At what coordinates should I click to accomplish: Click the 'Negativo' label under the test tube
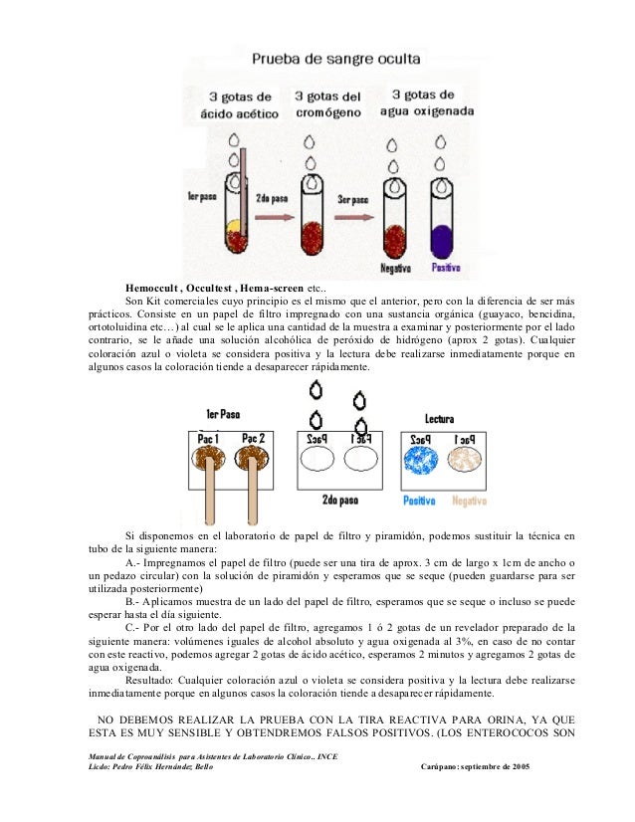tap(399, 269)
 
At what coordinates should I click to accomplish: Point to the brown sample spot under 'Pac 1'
tap(209, 467)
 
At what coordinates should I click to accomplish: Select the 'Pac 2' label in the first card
tap(253, 439)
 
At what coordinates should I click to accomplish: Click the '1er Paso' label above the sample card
tap(222, 414)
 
